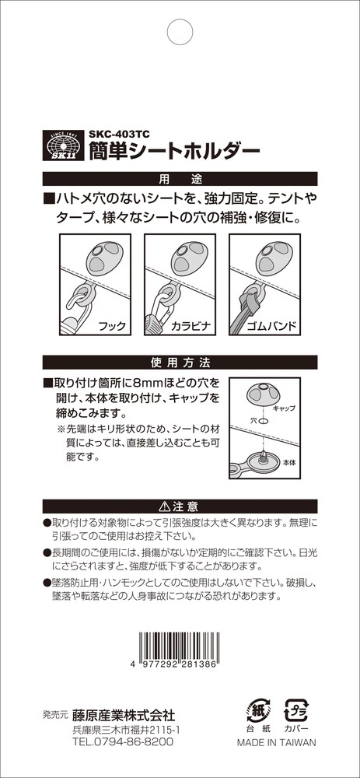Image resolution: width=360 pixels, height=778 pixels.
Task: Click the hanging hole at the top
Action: click(x=180, y=32)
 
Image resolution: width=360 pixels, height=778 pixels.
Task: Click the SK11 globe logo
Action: click(x=62, y=145)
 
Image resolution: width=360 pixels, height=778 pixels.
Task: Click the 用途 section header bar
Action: click(x=180, y=178)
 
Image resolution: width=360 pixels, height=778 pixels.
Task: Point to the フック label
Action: click(x=111, y=327)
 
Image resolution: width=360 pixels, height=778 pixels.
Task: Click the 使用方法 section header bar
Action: click(x=180, y=362)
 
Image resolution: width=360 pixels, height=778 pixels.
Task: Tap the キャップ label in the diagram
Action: click(x=284, y=408)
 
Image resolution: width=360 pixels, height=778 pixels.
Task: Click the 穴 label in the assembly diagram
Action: click(x=253, y=420)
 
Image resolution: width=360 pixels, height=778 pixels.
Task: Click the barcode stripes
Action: click(x=180, y=645)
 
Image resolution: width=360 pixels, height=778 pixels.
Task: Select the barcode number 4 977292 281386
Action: click(x=174, y=665)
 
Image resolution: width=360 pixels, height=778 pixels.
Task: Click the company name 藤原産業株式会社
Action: click(x=124, y=715)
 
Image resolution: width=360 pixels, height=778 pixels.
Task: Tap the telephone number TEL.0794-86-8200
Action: click(x=123, y=741)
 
